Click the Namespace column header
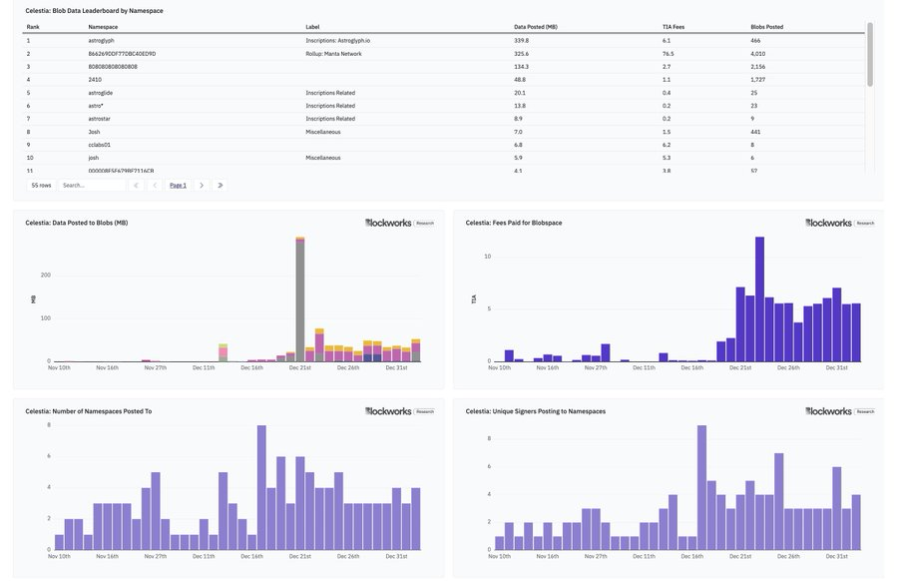pos(103,27)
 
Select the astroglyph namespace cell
pos(102,41)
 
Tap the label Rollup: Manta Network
pos(333,54)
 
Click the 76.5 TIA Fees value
pos(668,54)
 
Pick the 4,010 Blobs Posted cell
pos(758,54)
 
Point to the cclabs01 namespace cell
pos(100,145)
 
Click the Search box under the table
pos(92,186)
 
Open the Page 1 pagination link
pos(178,186)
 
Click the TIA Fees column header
pos(673,27)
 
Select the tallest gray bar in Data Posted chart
pos(299,299)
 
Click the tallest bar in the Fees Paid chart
pos(759,299)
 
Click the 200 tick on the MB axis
pos(45,275)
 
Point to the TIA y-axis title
pos(474,299)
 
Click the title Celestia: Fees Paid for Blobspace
pos(513,223)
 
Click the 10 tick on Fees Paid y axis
pos(488,257)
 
